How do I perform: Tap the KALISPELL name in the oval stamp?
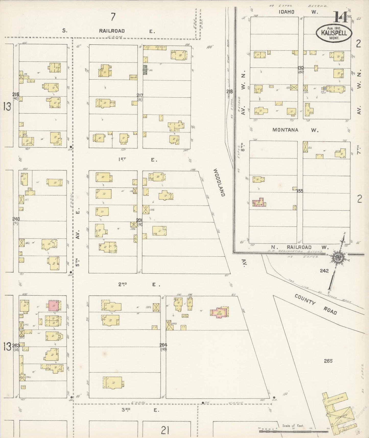334,33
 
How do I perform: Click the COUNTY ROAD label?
316,304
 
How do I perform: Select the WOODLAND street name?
219,182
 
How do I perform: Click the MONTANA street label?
285,130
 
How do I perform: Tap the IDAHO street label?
287,12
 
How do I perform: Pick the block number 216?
16,95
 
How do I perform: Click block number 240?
16,219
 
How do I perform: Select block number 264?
163,345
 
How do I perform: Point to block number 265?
328,361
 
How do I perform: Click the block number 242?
324,271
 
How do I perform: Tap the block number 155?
300,191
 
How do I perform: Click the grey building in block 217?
145,70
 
